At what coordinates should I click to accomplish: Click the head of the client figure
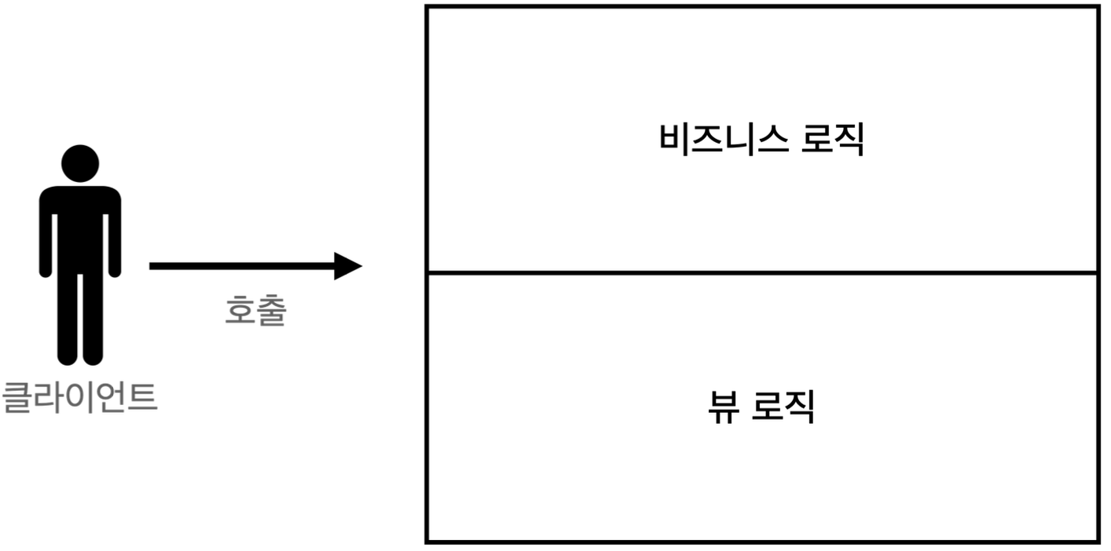[x=80, y=162]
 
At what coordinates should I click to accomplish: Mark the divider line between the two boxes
[x=761, y=273]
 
